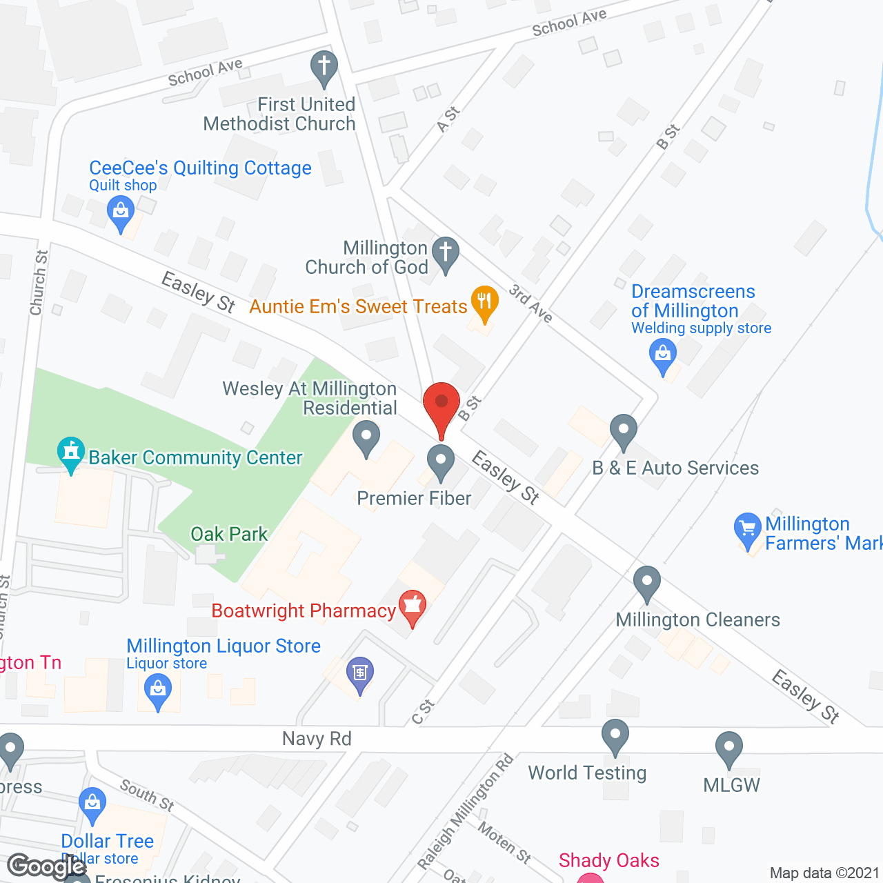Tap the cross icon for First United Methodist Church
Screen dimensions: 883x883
point(324,66)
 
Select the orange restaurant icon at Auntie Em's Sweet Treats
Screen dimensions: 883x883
point(484,302)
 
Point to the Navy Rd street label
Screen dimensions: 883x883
point(317,739)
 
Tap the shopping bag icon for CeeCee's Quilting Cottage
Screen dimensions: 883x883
point(121,212)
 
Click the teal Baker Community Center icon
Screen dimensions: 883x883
point(70,453)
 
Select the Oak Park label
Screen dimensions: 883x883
point(229,534)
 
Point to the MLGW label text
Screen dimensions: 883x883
point(731,785)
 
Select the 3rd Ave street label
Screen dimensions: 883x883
point(530,304)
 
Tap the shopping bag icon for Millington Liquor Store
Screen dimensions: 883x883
point(158,690)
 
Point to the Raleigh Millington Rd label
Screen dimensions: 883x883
point(466,811)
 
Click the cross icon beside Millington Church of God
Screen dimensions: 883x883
point(445,253)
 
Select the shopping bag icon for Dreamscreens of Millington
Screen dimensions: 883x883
point(663,356)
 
